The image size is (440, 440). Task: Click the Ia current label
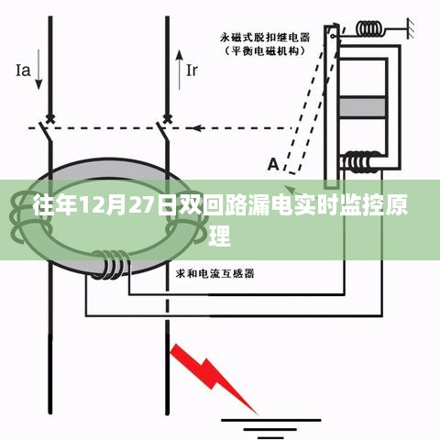point(23,71)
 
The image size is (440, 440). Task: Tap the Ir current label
point(192,71)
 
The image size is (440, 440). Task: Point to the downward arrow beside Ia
point(38,70)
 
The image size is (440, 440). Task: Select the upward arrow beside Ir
point(180,70)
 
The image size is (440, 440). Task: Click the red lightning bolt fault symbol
point(213,379)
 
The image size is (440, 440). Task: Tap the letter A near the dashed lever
point(273,164)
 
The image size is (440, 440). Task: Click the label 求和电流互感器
point(215,273)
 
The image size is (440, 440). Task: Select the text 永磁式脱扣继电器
point(265,38)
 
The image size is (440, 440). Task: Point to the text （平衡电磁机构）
point(265,50)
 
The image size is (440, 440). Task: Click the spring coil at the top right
point(370,29)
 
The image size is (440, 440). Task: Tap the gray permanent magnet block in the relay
point(362,107)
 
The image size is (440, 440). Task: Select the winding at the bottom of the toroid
point(112,264)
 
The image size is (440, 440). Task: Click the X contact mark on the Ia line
point(50,118)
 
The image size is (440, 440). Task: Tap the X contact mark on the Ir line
point(167,118)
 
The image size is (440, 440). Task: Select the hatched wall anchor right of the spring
point(411,28)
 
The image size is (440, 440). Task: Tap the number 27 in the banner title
point(142,206)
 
